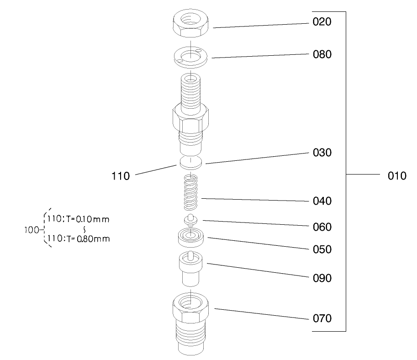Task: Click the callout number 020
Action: (x=322, y=22)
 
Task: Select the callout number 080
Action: (x=322, y=54)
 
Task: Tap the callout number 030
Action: (x=322, y=153)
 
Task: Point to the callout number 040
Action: (x=322, y=201)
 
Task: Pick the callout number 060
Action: (x=322, y=227)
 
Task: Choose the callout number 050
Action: (x=322, y=249)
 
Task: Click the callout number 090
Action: (x=322, y=278)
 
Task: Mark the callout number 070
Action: (x=322, y=318)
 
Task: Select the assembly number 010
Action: (x=397, y=176)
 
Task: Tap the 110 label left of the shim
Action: (x=121, y=176)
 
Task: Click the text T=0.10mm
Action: (x=88, y=219)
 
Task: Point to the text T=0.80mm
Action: (x=88, y=239)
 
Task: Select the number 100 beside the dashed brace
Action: (x=32, y=230)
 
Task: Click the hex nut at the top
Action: (x=190, y=23)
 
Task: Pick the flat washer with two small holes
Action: (x=190, y=57)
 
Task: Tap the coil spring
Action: (x=190, y=192)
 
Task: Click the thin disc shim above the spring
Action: (x=190, y=163)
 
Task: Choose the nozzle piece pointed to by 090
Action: (x=190, y=269)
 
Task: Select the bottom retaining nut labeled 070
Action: (x=190, y=323)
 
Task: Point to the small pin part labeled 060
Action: (x=190, y=220)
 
